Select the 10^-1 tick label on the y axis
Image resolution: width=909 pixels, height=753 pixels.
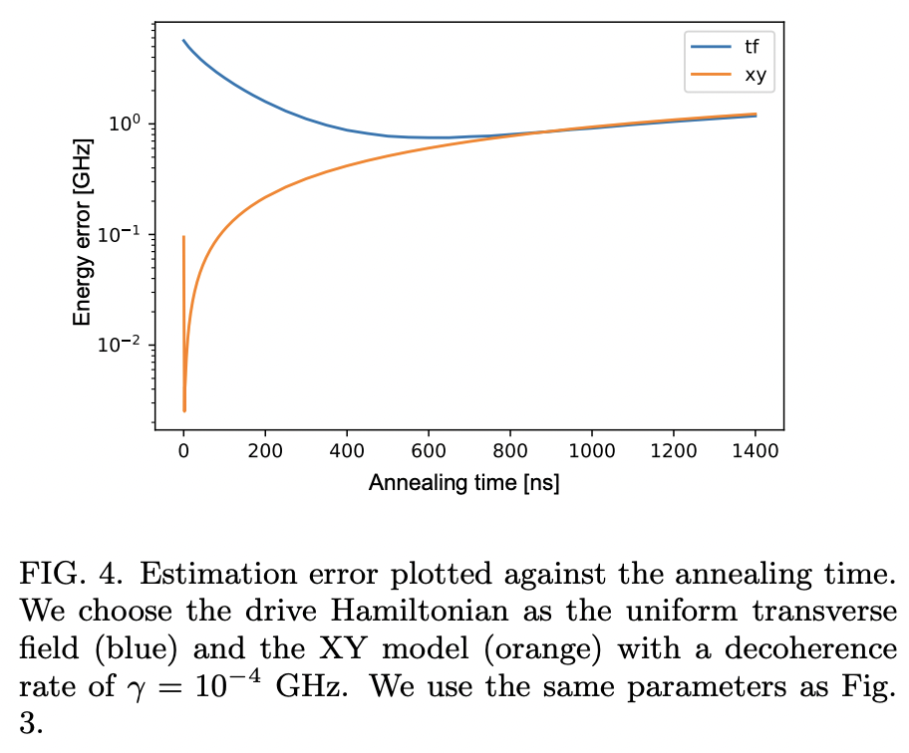tap(126, 235)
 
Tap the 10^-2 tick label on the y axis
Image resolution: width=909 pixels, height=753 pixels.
tap(126, 346)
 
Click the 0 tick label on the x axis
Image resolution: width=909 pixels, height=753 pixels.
tap(183, 450)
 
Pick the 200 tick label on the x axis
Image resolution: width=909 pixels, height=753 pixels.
tap(265, 450)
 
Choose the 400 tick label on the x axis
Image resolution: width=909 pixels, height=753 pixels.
tap(347, 450)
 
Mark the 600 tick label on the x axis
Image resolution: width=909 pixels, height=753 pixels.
tap(429, 450)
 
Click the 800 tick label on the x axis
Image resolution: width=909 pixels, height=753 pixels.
tap(510, 450)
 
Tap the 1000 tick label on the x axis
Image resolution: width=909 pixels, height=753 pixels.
tap(592, 450)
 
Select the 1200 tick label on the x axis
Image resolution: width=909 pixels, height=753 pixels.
tap(674, 450)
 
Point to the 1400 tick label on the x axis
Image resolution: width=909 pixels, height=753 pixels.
tap(756, 450)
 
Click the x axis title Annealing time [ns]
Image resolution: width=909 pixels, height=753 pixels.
tap(464, 483)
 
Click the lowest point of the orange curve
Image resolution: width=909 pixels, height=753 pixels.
tap(184, 409)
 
